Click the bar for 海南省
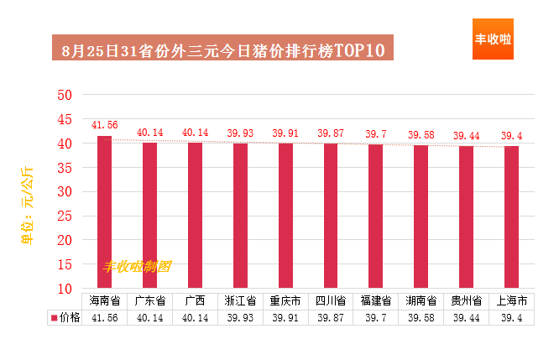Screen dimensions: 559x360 coord(104,211)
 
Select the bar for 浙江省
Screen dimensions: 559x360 coord(240,216)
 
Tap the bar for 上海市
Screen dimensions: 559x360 coord(512,217)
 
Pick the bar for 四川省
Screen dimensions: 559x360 coord(331,216)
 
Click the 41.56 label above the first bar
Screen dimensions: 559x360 coord(104,125)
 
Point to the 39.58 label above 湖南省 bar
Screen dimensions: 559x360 coord(421,135)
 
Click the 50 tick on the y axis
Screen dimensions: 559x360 coord(65,95)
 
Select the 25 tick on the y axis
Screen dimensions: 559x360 coord(65,216)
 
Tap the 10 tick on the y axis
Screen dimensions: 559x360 coord(65,289)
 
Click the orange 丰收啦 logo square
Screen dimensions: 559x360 coord(493,39)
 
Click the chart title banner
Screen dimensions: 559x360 coord(222,47)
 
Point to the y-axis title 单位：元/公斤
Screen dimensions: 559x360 coord(27,206)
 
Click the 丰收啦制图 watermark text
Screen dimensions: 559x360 coord(138,266)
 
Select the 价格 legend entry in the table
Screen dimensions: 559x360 coord(65,317)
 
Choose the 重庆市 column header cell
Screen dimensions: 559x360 coord(285,301)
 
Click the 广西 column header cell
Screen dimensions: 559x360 coord(195,301)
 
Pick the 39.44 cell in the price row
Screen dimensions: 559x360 coord(467,317)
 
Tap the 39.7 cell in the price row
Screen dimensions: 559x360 coord(376,317)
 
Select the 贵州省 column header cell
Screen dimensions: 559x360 coord(467,301)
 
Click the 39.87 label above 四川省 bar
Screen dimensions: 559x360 coord(331,133)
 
